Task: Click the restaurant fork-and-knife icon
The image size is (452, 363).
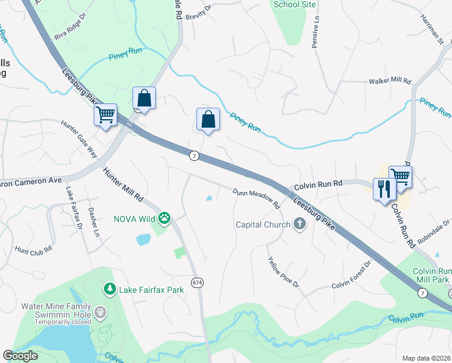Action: (384, 189)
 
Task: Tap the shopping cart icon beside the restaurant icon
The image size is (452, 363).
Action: (400, 176)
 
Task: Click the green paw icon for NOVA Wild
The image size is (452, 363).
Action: (164, 217)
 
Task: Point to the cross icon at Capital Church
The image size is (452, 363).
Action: (299, 224)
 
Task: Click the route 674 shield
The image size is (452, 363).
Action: (197, 283)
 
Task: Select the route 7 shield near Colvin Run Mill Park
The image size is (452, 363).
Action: (422, 293)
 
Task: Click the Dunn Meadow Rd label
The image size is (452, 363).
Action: (257, 198)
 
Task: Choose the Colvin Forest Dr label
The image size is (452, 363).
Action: (350, 276)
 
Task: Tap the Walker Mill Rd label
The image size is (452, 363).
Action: (390, 81)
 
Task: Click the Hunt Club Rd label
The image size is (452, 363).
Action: (33, 249)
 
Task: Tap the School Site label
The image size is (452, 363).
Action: (295, 4)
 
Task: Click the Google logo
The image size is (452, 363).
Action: (20, 356)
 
